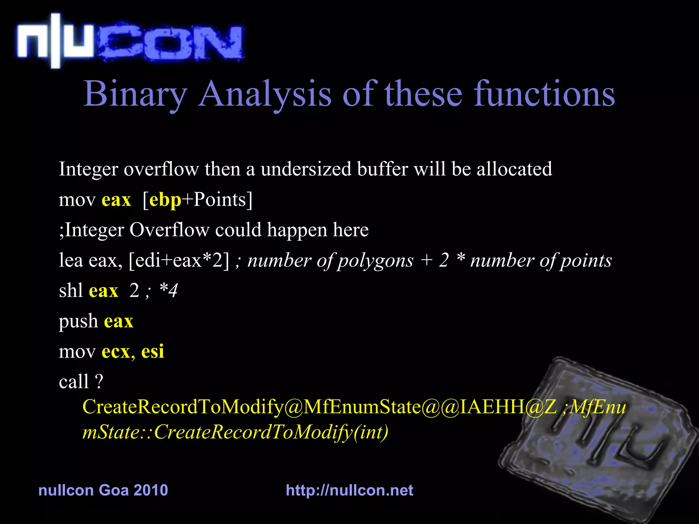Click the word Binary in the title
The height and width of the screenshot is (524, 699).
tap(135, 94)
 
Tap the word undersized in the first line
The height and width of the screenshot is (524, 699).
tap(306, 169)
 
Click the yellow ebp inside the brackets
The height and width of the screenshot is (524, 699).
tap(165, 200)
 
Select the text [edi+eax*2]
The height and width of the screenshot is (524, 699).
tap(179, 261)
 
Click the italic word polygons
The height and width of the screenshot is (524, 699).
tap(375, 261)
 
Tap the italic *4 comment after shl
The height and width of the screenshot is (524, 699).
tap(169, 291)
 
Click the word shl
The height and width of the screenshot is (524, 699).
tap(71, 291)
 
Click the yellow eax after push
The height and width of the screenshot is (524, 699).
tap(118, 321)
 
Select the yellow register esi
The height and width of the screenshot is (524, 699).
tap(153, 351)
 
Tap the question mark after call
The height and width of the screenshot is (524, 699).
tap(99, 381)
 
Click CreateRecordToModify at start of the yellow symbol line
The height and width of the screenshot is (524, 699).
tap(183, 407)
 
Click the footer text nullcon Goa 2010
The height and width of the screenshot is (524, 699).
tap(103, 490)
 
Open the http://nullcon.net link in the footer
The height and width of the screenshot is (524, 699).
tap(349, 490)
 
